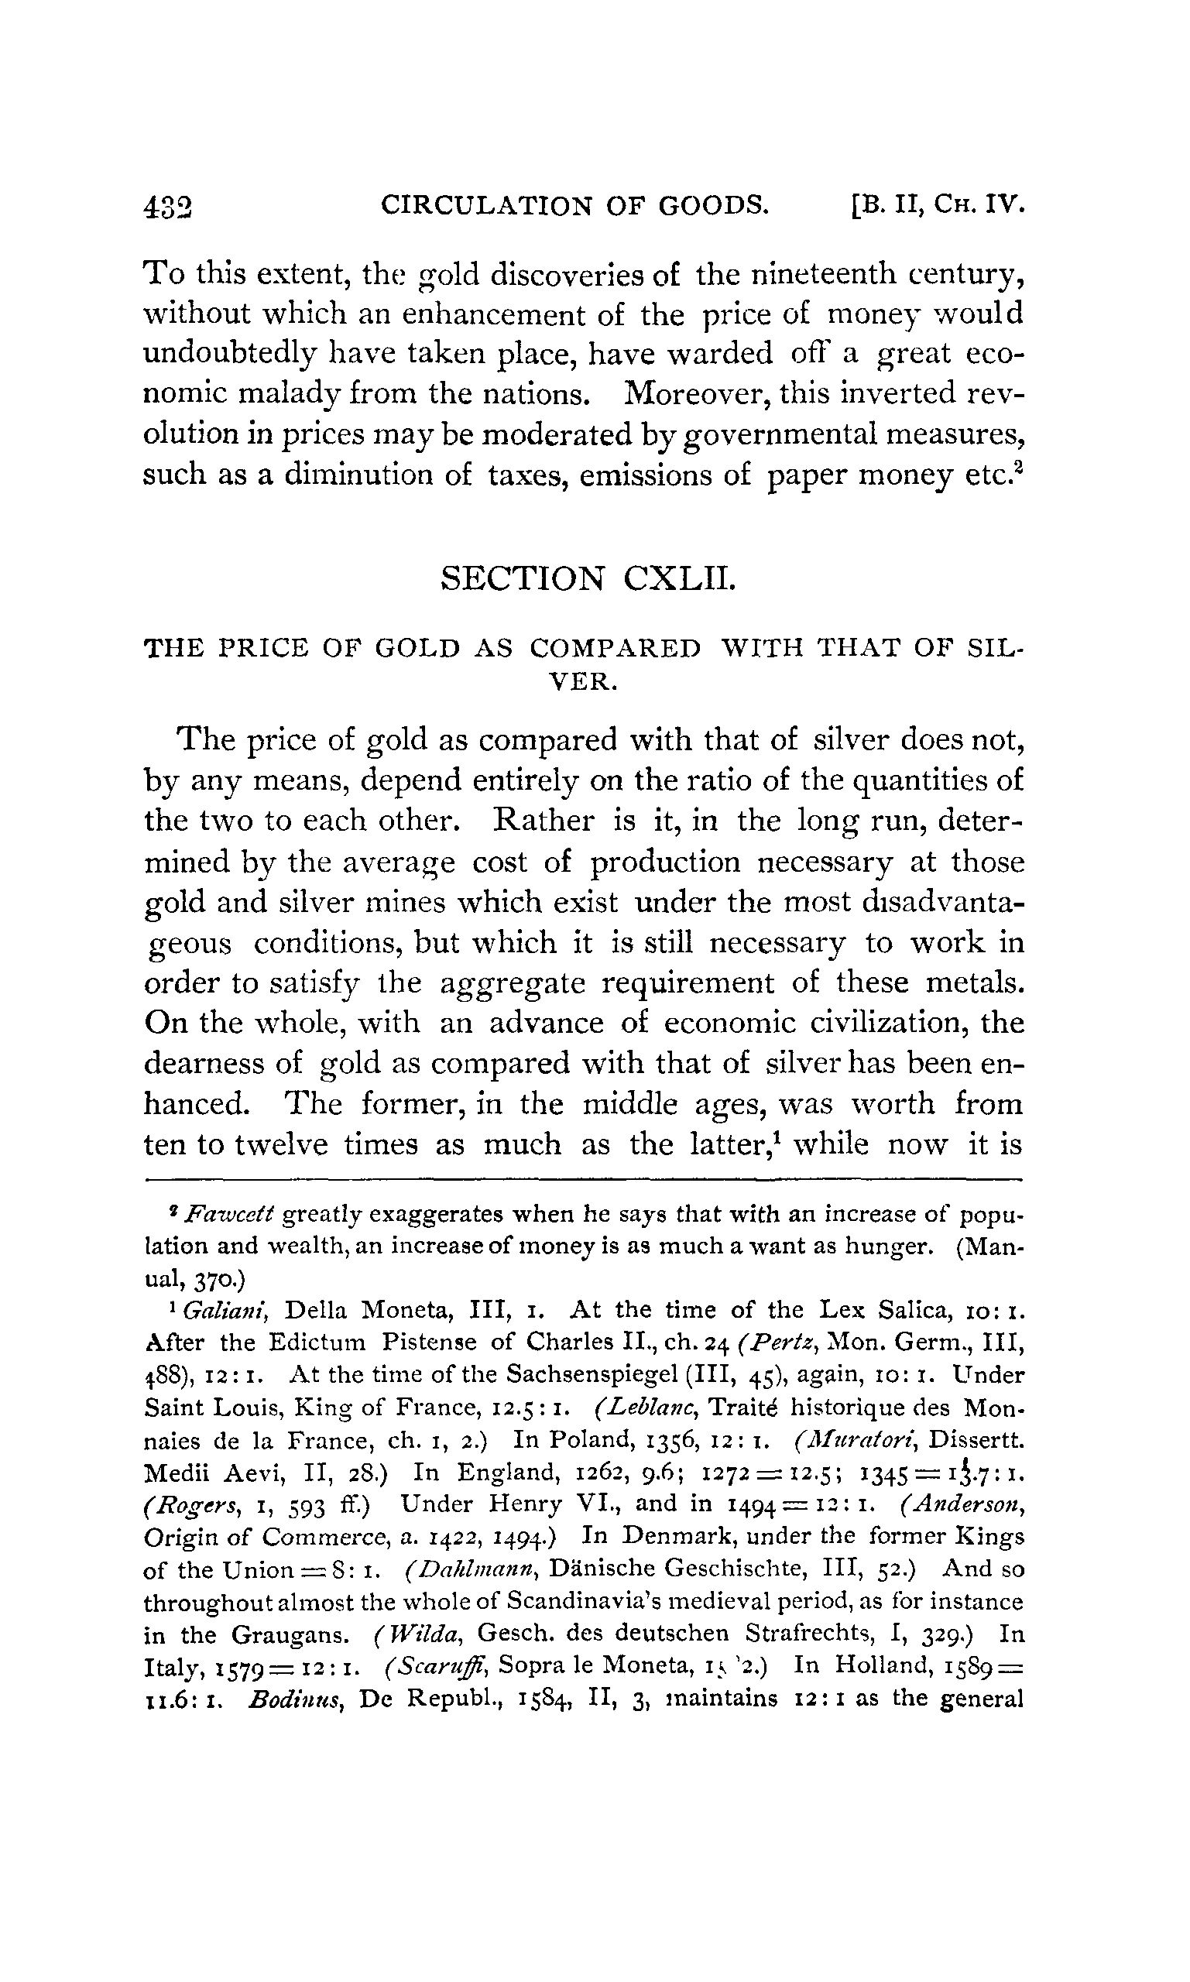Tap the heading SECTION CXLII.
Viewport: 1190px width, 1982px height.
588,578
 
